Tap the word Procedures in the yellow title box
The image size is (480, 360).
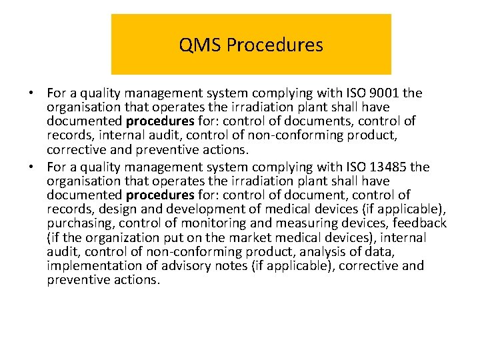pyautogui.click(x=275, y=45)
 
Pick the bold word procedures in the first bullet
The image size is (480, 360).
pyautogui.click(x=160, y=121)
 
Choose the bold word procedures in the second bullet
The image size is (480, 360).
pyautogui.click(x=160, y=195)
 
